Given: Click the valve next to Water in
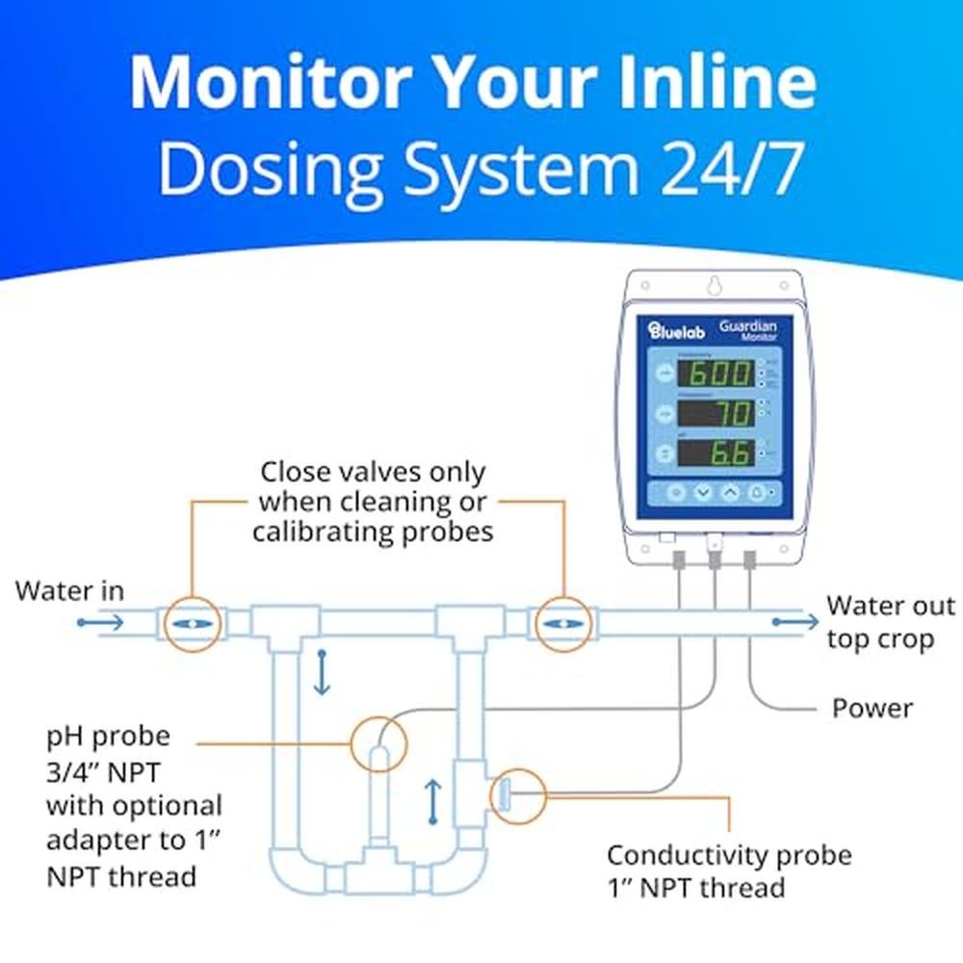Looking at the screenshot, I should point(192,624).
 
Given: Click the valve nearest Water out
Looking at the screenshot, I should point(561,624).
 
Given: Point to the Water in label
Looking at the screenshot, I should point(69,590).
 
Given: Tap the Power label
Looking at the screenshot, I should point(872,708).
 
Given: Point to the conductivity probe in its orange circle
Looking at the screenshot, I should point(504,795).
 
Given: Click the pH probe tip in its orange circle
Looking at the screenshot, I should point(378,745).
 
